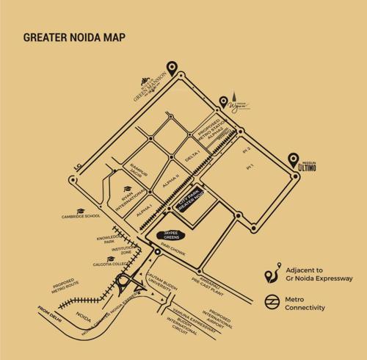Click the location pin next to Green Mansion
(172, 69)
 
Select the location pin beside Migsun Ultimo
(293, 158)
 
